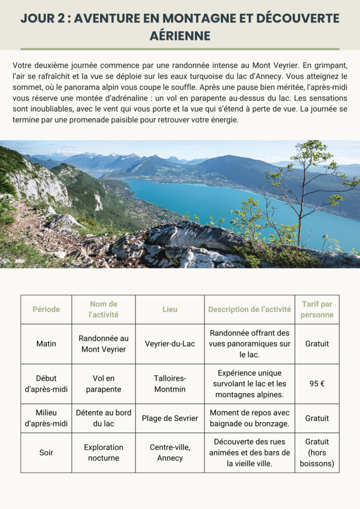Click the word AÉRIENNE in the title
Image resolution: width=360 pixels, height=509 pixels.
180,36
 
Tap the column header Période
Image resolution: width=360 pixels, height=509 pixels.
46,309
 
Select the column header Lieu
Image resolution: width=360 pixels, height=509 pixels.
170,309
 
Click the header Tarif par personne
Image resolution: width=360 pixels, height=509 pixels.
317,309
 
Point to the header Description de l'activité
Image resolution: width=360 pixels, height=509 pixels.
250,309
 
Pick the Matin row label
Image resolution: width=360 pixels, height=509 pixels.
46,343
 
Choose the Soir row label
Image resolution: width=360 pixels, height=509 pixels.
46,452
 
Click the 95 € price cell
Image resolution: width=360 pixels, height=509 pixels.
317,384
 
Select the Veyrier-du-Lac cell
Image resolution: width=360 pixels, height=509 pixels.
170,343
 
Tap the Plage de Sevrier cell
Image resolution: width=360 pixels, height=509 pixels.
170,418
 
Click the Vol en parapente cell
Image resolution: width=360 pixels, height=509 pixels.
103,384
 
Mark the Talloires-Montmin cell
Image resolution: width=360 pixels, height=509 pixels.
170,384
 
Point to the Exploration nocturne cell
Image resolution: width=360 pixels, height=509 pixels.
103,452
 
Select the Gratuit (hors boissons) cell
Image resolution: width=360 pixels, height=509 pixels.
317,452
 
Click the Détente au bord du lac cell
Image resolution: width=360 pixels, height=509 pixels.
103,418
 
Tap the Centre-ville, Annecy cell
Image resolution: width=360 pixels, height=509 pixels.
170,452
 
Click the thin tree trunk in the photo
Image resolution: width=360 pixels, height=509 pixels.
300,219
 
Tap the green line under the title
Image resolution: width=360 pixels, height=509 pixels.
180,49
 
